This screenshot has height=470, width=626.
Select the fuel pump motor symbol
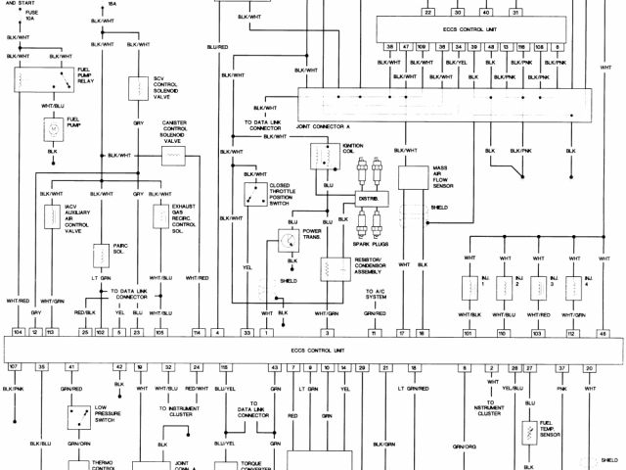pos(50,128)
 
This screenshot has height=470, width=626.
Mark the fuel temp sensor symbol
pos(532,431)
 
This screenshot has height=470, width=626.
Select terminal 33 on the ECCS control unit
pos(248,333)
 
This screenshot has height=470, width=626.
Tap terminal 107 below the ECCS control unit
pos(14,366)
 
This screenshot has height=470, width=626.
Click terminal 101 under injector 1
pos(468,333)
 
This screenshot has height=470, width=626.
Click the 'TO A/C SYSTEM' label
pos(376,295)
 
